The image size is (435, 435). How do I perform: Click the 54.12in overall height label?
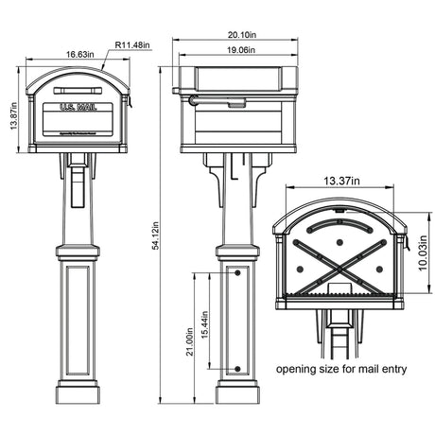coord(158,234)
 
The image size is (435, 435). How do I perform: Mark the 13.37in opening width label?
coord(340,179)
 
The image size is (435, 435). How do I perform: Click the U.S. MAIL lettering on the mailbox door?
coord(78,109)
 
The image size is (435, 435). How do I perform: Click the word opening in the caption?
coord(297,369)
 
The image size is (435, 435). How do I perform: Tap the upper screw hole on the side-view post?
coord(236,274)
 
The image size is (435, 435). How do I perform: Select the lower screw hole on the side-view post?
coord(236,368)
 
